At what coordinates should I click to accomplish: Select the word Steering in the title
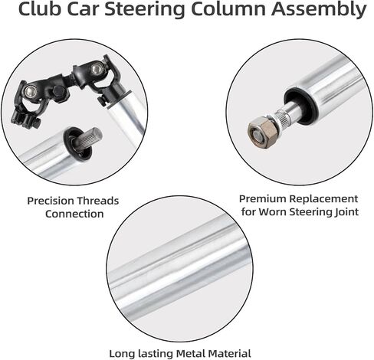click(144, 10)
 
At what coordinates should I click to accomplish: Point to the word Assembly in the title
click(319, 10)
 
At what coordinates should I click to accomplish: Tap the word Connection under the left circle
click(74, 214)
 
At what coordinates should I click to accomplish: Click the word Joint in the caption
click(346, 212)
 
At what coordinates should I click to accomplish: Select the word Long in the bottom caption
click(122, 355)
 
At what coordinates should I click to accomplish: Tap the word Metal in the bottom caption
click(191, 354)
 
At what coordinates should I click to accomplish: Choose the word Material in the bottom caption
click(230, 354)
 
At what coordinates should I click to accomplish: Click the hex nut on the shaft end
click(262, 133)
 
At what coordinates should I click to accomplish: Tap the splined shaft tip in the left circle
click(91, 139)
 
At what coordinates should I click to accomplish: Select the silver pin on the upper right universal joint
click(96, 69)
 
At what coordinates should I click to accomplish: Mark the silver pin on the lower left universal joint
click(30, 90)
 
